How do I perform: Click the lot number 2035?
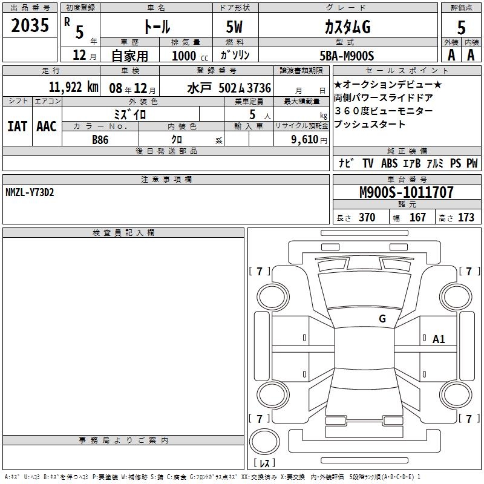pos(30,25)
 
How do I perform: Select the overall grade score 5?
pos(461,28)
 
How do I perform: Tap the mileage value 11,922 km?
pos(73,87)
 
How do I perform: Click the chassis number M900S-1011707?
pos(407,192)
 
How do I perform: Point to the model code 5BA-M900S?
pos(347,56)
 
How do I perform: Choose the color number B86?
pos(100,140)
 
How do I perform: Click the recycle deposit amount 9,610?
pos(305,140)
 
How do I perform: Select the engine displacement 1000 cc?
pos(190,56)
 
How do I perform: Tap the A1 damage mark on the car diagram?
pos(439,339)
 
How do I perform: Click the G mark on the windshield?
pos(382,319)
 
